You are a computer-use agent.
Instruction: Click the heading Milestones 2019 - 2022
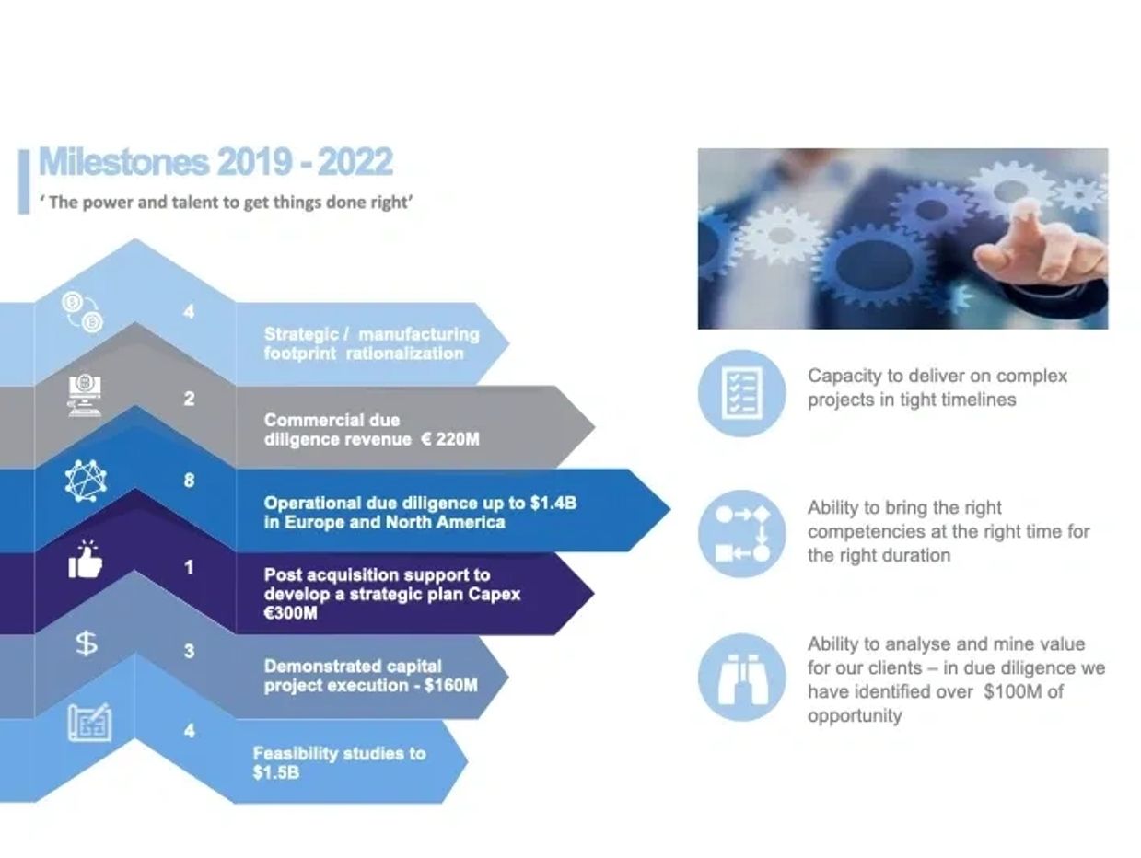(x=215, y=162)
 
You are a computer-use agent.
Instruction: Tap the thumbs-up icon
(x=86, y=559)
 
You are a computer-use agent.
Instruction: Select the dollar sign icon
(x=87, y=643)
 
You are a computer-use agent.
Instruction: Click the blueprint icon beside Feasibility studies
(x=89, y=722)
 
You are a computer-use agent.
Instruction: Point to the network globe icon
(x=86, y=481)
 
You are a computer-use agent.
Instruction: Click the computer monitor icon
(x=86, y=396)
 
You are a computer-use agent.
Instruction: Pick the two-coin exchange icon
(x=83, y=311)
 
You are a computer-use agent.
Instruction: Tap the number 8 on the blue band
(x=189, y=481)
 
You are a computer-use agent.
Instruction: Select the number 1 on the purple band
(x=189, y=567)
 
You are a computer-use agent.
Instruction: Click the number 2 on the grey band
(x=189, y=399)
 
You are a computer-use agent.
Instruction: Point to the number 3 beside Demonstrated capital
(x=189, y=651)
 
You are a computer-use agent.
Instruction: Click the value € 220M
(x=450, y=439)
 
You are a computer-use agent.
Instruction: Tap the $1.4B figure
(x=553, y=503)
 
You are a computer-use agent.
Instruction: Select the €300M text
(x=290, y=613)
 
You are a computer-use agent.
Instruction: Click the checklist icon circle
(x=741, y=393)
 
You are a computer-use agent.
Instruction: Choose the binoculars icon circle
(x=741, y=678)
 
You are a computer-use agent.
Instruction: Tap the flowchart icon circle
(x=741, y=533)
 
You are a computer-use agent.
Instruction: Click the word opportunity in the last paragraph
(x=855, y=715)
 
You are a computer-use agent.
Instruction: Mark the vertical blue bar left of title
(x=24, y=181)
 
